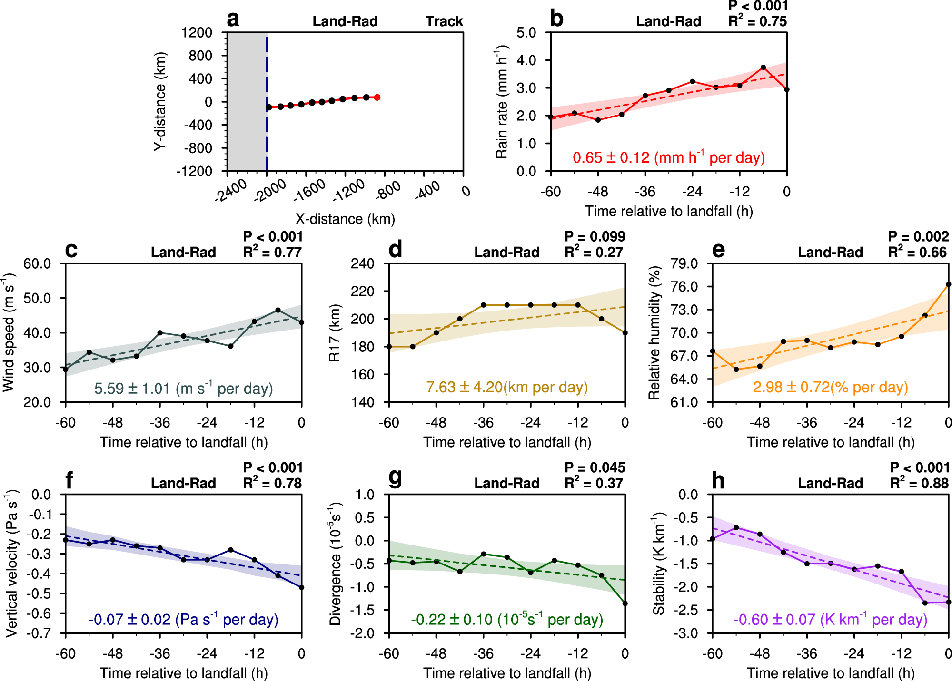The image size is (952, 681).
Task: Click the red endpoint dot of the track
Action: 377,97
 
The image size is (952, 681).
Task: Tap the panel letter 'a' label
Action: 233,20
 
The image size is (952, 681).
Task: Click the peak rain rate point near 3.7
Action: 763,68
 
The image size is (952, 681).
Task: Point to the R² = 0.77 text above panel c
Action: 272,252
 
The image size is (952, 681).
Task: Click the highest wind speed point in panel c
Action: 278,310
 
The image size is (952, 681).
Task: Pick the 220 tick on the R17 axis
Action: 362,291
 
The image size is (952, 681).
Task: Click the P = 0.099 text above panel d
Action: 595,236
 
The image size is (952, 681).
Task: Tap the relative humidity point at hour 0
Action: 948,284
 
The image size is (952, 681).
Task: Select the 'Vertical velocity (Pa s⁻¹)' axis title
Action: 11,564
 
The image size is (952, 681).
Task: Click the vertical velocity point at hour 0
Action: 301,587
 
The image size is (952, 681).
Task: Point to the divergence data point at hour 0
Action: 625,603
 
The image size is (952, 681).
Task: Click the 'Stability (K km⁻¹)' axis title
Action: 658,564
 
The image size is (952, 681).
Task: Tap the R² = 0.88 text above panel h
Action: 919,483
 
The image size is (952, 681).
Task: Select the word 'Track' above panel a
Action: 444,21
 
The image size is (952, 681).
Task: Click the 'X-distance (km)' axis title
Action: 345,219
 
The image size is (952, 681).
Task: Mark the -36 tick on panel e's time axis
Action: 807,422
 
